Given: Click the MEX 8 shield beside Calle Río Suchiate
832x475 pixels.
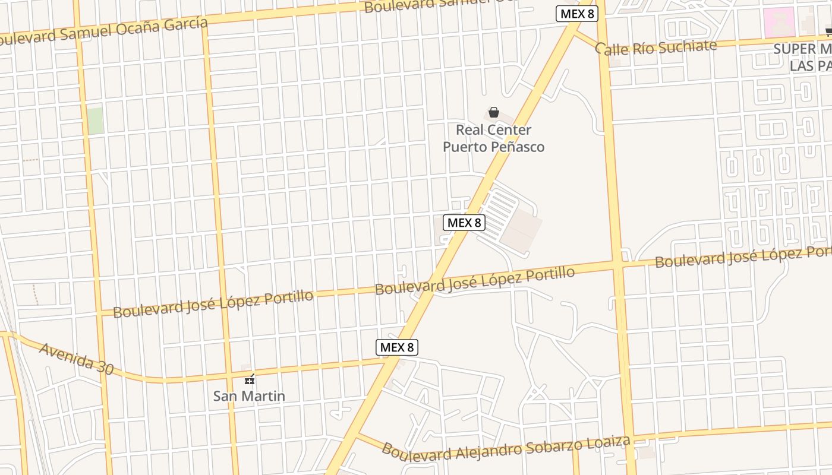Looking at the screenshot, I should click(576, 14).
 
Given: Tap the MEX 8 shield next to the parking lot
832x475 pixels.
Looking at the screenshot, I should click(464, 223).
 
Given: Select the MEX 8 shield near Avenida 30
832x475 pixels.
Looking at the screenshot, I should click(397, 347).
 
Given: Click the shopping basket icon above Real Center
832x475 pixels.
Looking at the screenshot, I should click(493, 112).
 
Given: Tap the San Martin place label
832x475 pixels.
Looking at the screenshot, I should click(249, 396).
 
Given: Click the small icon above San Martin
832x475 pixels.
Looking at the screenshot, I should click(250, 379).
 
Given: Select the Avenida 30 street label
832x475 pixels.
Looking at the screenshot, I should click(76, 358).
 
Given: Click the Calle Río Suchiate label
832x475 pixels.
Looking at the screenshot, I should click(656, 47).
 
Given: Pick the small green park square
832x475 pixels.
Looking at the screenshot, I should click(94, 121).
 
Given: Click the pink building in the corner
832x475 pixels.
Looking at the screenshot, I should click(779, 22).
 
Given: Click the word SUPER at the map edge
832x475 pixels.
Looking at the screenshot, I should click(795, 49).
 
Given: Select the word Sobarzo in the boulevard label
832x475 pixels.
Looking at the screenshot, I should click(557, 446).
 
